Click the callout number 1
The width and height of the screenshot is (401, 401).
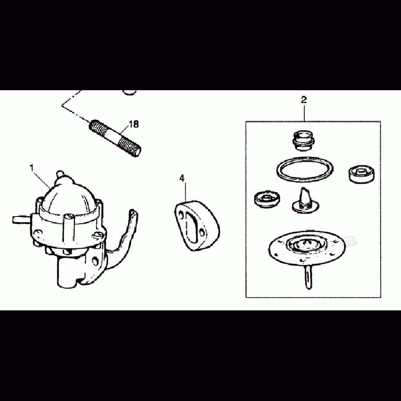[x=32, y=168]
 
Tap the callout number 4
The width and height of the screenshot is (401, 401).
[x=182, y=178]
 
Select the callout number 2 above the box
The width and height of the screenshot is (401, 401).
[x=304, y=100]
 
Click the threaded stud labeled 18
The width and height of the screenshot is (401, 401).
[x=115, y=138]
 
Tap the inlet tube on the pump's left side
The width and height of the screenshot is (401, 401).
[x=22, y=220]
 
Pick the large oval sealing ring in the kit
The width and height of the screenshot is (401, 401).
[x=305, y=170]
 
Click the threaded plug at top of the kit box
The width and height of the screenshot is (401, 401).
[x=303, y=140]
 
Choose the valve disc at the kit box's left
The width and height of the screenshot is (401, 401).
[x=267, y=199]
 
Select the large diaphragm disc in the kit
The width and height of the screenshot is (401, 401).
[x=306, y=246]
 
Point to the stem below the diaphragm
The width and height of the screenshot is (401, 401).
[x=308, y=276]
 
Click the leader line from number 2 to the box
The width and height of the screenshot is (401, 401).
[x=304, y=113]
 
